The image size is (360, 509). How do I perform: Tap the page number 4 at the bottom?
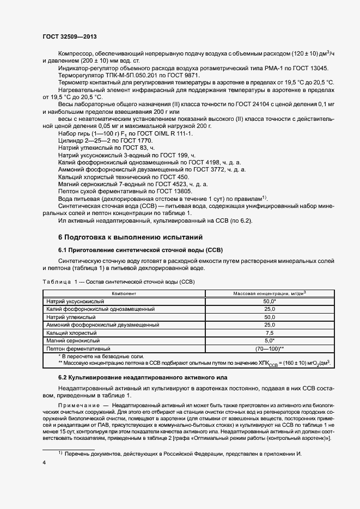[x=44, y=463]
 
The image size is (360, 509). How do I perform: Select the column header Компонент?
[x=124, y=293]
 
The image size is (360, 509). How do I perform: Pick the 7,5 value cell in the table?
[x=270, y=332]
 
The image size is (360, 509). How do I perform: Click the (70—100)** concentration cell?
[x=270, y=348]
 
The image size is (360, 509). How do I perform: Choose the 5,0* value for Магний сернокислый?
[x=270, y=340]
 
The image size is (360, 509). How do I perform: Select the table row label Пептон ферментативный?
[x=79, y=348]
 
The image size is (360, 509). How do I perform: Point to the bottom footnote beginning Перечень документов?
[x=180, y=453]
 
